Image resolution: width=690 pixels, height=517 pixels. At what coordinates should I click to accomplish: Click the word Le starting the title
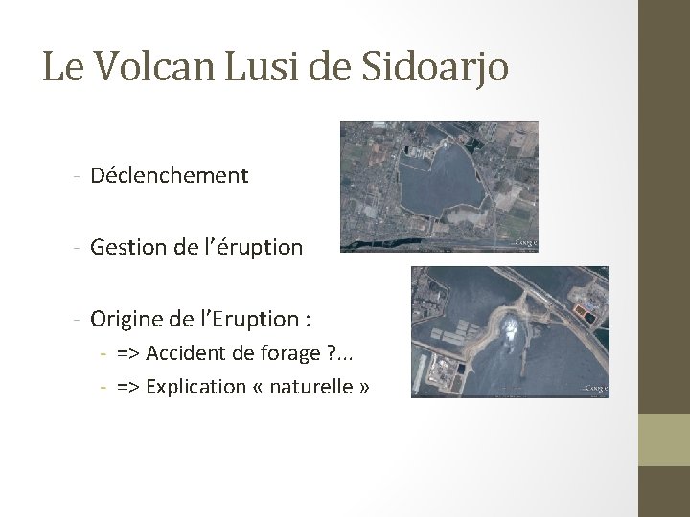[x=59, y=67]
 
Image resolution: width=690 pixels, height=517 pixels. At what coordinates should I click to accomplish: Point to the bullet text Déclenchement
[x=169, y=175]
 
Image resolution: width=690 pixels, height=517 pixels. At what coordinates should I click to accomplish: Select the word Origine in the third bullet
[x=126, y=318]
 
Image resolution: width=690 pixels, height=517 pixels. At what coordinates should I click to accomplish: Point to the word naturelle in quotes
[x=311, y=386]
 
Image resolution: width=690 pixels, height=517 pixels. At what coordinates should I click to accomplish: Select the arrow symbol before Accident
[x=126, y=354]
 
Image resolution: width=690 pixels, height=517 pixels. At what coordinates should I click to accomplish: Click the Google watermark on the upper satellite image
[x=525, y=244]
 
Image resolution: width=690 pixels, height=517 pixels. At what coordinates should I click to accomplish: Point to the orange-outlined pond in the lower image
[x=585, y=310]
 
